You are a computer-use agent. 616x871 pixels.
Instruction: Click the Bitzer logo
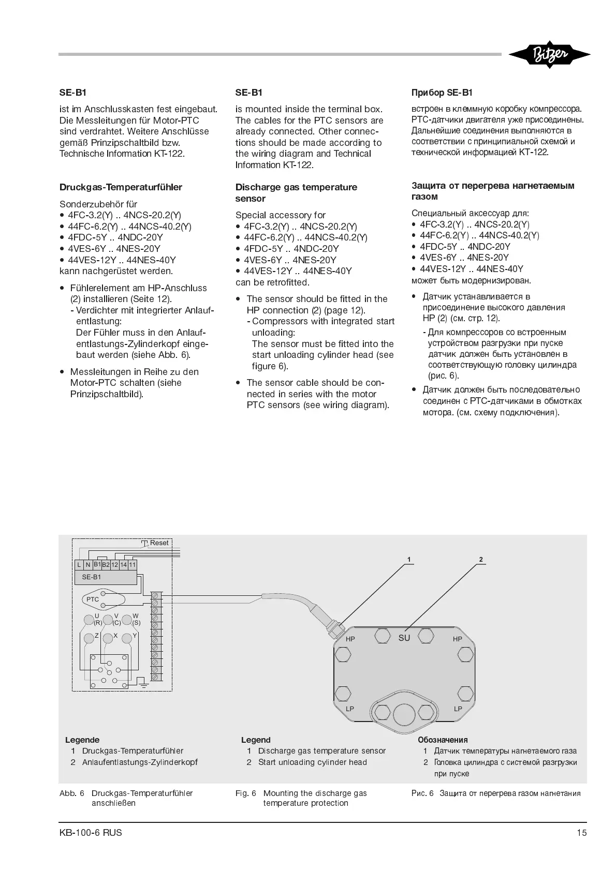pyautogui.click(x=549, y=55)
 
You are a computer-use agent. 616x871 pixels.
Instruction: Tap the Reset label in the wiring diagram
pyautogui.click(x=159, y=543)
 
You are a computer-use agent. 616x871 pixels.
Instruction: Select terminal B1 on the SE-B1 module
pyautogui.click(x=97, y=564)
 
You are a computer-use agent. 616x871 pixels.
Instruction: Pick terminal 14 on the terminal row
pyautogui.click(x=124, y=565)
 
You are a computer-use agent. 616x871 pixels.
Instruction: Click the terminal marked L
pyautogui.click(x=79, y=565)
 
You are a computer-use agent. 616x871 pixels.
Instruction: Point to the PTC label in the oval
pyautogui.click(x=93, y=599)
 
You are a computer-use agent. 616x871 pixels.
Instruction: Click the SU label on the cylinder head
pyautogui.click(x=404, y=638)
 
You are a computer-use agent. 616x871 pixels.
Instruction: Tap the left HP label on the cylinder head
pyautogui.click(x=350, y=639)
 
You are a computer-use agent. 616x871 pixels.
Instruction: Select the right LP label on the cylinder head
pyautogui.click(x=458, y=709)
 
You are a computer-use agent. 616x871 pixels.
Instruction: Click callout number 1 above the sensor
pyautogui.click(x=409, y=560)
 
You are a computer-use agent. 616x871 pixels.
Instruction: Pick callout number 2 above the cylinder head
pyautogui.click(x=481, y=560)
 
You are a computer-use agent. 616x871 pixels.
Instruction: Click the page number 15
pyautogui.click(x=582, y=833)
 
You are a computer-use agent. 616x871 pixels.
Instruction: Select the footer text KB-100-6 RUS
pyautogui.click(x=91, y=833)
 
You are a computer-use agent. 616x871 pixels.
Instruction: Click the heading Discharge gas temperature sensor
pyautogui.click(x=296, y=192)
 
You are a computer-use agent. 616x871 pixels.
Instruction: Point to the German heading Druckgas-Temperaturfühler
pyautogui.click(x=121, y=187)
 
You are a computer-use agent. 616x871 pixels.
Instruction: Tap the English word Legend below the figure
pyautogui.click(x=256, y=740)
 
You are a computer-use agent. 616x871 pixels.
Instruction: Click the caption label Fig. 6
pyautogui.click(x=246, y=793)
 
